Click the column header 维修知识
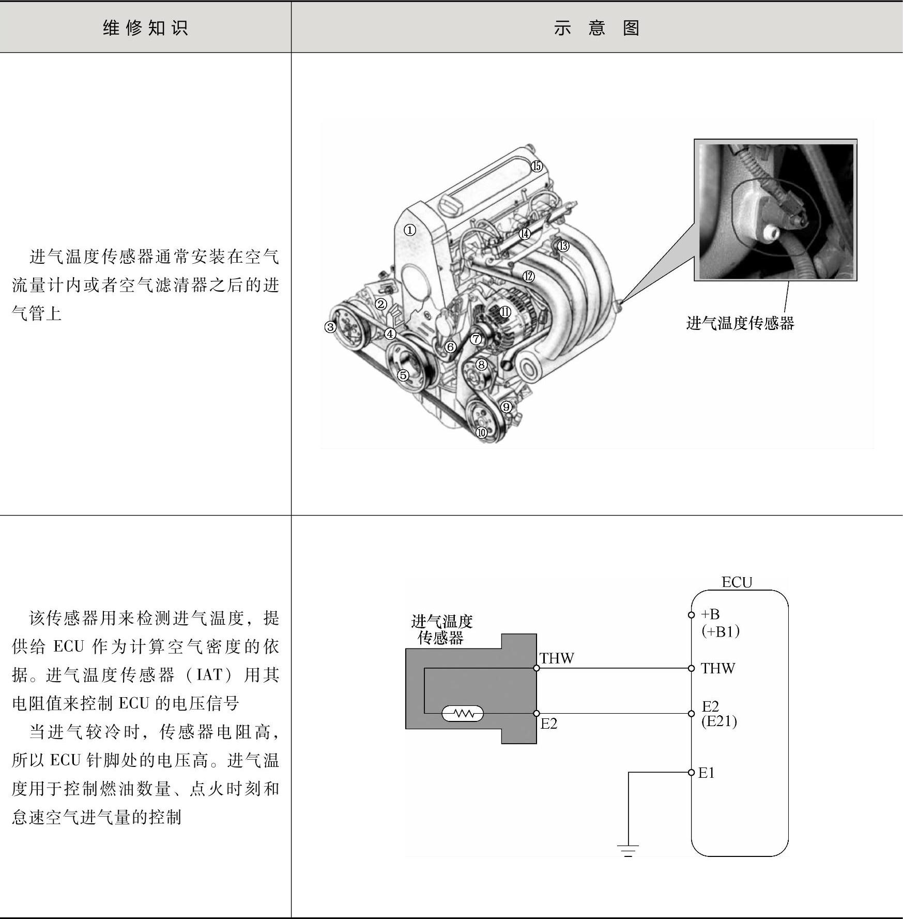click(x=145, y=27)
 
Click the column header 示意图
click(x=596, y=27)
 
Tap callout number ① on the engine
click(x=409, y=230)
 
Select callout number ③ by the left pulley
click(x=330, y=327)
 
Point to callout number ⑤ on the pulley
click(x=403, y=375)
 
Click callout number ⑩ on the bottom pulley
click(x=481, y=432)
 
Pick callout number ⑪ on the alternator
click(x=504, y=312)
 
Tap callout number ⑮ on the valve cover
click(x=537, y=166)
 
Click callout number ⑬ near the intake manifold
click(x=563, y=246)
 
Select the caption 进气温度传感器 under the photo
click(x=740, y=323)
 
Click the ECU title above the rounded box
click(x=737, y=582)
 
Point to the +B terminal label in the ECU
click(x=710, y=614)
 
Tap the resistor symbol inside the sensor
click(x=463, y=714)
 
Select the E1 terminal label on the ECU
click(x=706, y=773)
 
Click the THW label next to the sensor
click(x=557, y=658)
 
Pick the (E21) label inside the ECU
click(x=719, y=721)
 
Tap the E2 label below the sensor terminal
click(x=549, y=724)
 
